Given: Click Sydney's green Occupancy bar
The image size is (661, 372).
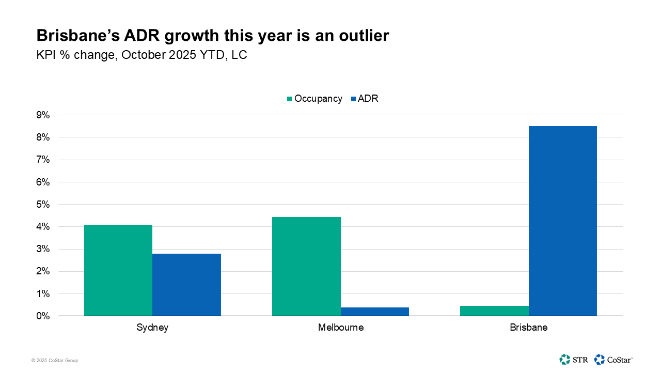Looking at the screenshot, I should pyautogui.click(x=118, y=270).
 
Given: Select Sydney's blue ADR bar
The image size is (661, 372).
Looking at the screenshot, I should pyautogui.click(x=186, y=285).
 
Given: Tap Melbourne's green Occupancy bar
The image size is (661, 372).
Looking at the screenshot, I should pyautogui.click(x=306, y=266).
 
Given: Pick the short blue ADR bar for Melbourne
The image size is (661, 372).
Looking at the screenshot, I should pyautogui.click(x=374, y=312).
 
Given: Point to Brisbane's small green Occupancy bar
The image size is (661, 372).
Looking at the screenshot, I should pyautogui.click(x=494, y=311).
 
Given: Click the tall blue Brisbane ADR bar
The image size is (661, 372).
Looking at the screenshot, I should pyautogui.click(x=562, y=221).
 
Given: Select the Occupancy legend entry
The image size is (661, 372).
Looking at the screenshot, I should pyautogui.click(x=314, y=99).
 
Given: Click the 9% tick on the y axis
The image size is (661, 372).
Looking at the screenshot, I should pyautogui.click(x=43, y=115).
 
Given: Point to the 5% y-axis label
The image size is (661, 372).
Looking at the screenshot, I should pyautogui.click(x=43, y=205).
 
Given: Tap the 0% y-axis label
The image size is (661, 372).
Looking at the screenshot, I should pyautogui.click(x=43, y=316).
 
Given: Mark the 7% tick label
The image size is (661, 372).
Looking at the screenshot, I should pyautogui.click(x=43, y=160).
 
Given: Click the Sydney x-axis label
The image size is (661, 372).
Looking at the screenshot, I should pyautogui.click(x=152, y=328).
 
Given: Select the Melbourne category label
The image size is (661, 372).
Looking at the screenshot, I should pyautogui.click(x=340, y=328).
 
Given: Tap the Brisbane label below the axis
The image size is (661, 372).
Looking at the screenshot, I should pyautogui.click(x=528, y=328).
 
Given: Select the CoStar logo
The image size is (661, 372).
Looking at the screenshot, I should pyautogui.click(x=613, y=359).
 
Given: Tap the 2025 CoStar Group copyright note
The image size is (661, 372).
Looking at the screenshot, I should pyautogui.click(x=55, y=361).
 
